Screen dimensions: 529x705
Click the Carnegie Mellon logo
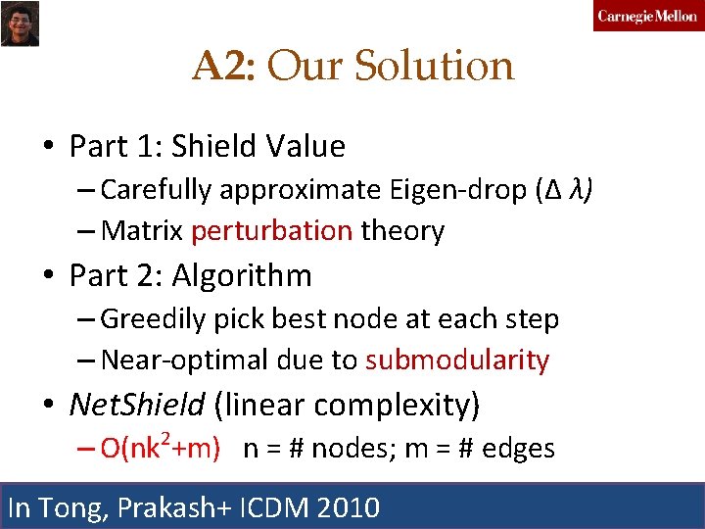[x=647, y=16]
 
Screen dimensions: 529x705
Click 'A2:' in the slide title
[x=224, y=67]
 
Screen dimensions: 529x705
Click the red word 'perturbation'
[x=272, y=231]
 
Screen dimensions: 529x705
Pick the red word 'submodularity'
[x=457, y=361]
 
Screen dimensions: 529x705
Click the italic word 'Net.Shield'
[x=136, y=404]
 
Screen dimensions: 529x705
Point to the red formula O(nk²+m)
[x=160, y=449]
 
